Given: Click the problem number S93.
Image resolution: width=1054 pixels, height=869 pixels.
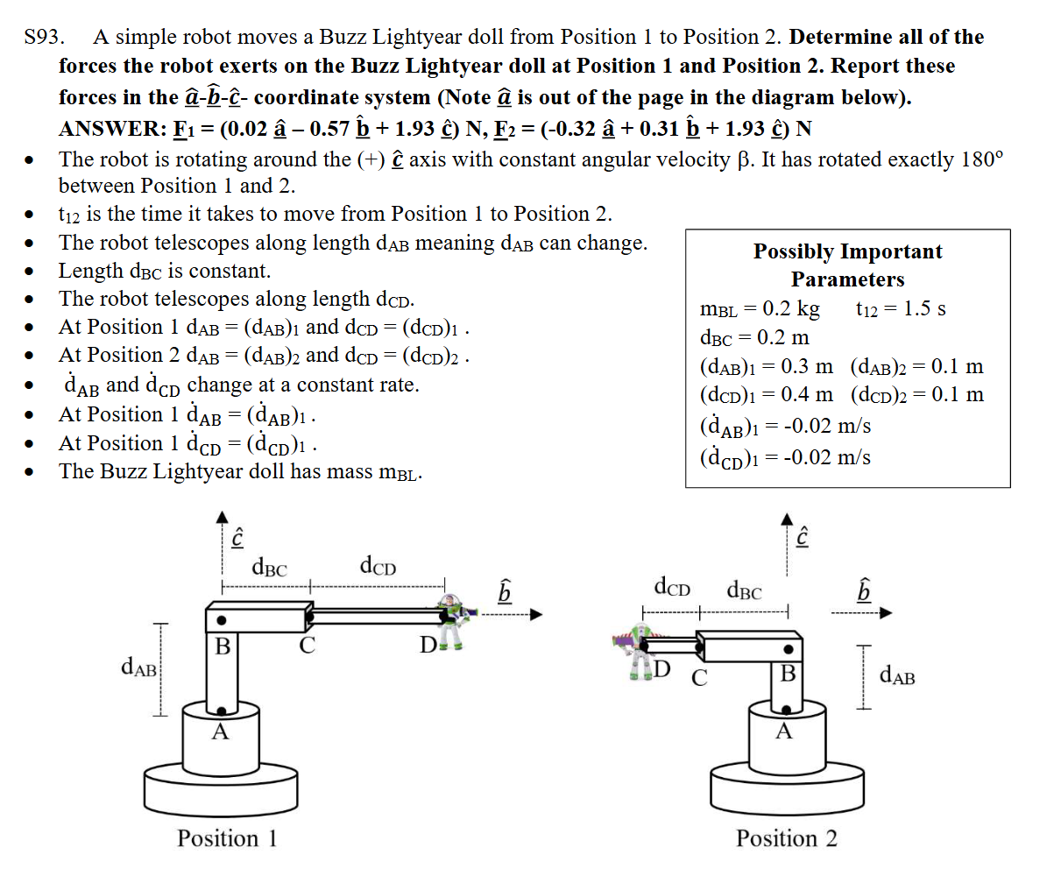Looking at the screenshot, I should pyautogui.click(x=43, y=38).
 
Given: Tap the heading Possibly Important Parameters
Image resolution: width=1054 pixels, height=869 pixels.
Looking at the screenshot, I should pyautogui.click(x=847, y=265).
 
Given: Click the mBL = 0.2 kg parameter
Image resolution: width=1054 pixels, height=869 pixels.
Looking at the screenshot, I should pyautogui.click(x=760, y=309).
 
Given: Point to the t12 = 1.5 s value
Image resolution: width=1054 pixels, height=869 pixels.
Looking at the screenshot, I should pyautogui.click(x=900, y=309).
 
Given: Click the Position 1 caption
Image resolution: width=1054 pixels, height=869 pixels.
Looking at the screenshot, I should pyautogui.click(x=227, y=838).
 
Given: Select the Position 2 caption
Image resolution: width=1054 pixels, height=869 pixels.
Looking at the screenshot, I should pyautogui.click(x=786, y=838).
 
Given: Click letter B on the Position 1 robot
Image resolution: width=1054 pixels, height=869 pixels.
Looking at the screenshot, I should pyautogui.click(x=223, y=649).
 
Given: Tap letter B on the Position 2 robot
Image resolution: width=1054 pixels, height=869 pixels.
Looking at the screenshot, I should pyautogui.click(x=788, y=674).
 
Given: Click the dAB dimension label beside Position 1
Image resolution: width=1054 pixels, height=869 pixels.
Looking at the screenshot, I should pyautogui.click(x=138, y=670).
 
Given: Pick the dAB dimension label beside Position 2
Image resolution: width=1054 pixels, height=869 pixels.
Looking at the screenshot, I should pyautogui.click(x=897, y=675).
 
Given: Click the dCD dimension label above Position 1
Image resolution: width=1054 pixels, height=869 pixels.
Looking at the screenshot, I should pyautogui.click(x=378, y=567).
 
